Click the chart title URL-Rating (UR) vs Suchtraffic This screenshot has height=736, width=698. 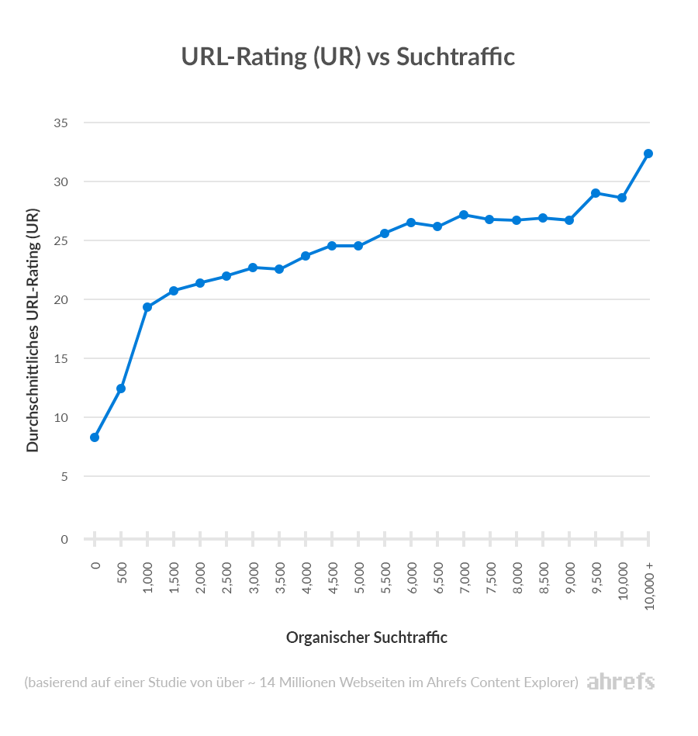tap(348, 57)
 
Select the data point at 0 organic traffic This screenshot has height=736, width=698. tap(95, 437)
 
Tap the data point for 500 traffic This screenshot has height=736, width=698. tap(121, 389)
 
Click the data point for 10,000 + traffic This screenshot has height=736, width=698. tap(648, 154)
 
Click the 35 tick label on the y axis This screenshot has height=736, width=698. tap(61, 123)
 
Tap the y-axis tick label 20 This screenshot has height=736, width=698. tap(61, 300)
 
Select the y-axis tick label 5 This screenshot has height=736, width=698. tap(64, 476)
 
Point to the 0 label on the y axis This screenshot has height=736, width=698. tap(64, 539)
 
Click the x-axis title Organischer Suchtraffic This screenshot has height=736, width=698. tap(367, 638)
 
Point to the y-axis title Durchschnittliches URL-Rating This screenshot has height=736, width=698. tap(33, 330)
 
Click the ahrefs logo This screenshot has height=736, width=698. tap(620, 682)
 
